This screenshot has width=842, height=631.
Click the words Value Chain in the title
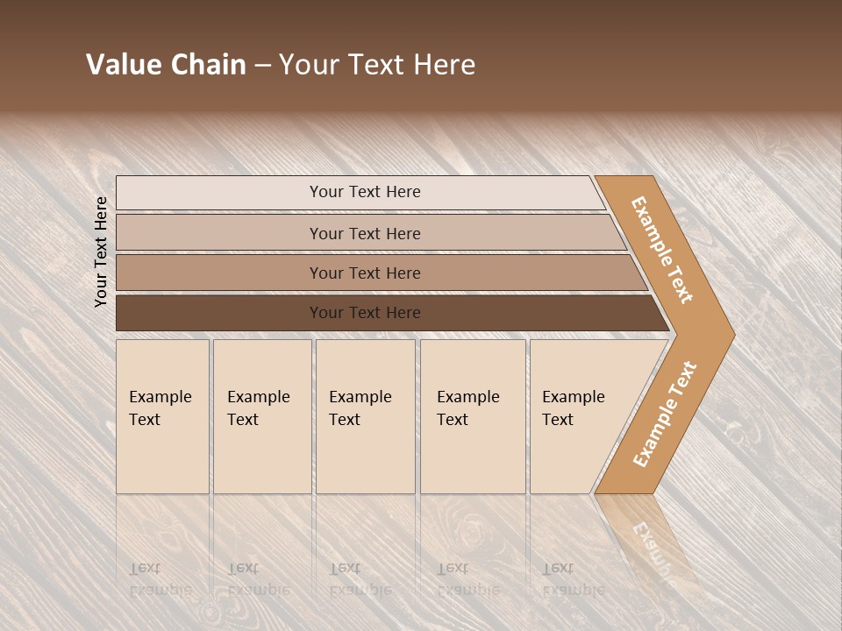[166, 65]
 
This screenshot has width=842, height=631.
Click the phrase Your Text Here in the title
[377, 65]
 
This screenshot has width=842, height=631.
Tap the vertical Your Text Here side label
[102, 252]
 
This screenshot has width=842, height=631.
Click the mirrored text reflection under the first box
[160, 579]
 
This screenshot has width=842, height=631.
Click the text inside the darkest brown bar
[365, 313]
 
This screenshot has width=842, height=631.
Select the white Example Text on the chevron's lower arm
[664, 414]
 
